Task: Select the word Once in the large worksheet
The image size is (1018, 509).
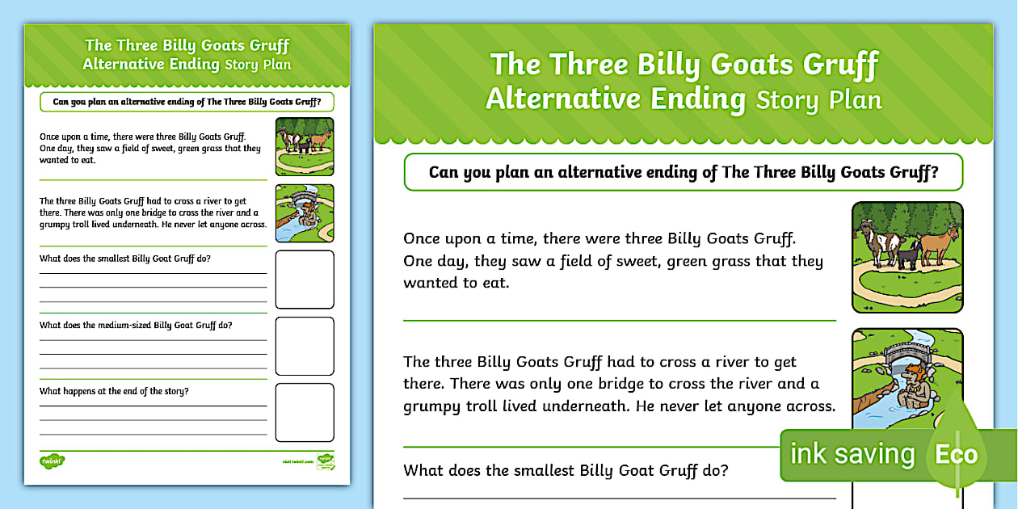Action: pos(423,238)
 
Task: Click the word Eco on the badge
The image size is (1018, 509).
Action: pos(956,454)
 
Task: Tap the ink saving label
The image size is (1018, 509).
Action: pos(852,454)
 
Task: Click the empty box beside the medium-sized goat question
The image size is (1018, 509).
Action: pos(305,346)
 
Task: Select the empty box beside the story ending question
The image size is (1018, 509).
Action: pos(305,412)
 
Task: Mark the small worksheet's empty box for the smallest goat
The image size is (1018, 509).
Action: pos(305,280)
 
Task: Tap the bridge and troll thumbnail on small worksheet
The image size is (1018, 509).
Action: pos(305,213)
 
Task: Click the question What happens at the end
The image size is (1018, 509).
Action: pos(114,392)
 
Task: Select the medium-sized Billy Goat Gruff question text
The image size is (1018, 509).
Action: pos(136,326)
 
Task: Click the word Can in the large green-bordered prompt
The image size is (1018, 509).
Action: pos(444,172)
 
